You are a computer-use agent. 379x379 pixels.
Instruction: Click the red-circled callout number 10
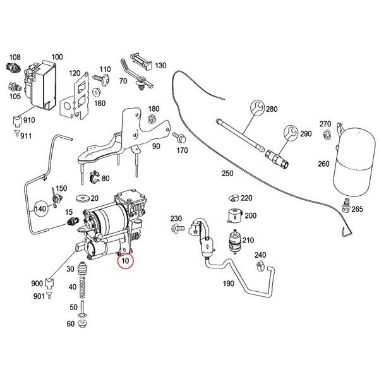point(125,260)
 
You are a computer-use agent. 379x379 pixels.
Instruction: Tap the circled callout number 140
point(41,207)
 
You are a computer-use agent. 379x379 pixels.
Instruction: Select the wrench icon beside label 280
point(258,109)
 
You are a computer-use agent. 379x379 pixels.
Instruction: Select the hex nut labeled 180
point(152,120)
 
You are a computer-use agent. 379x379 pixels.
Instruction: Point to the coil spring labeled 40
point(81,288)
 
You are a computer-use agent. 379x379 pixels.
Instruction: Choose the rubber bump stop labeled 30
point(81,268)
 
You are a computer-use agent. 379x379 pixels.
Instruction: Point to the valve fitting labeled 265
point(346,207)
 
